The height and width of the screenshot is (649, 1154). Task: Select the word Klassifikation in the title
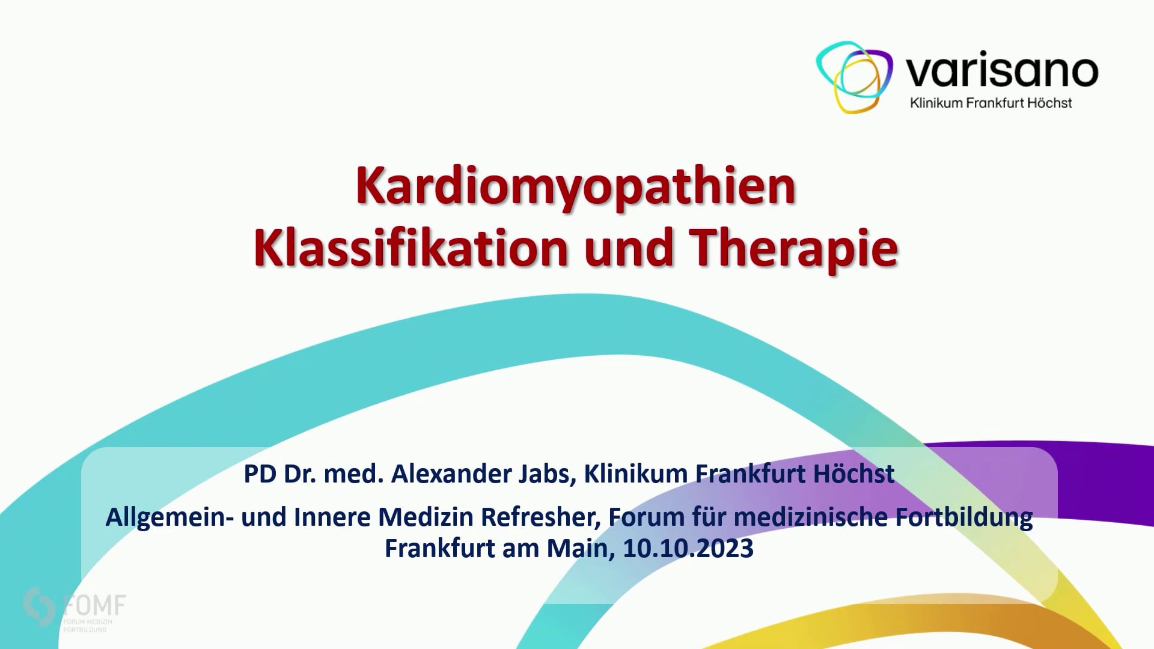pos(411,248)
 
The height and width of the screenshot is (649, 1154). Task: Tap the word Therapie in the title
pos(793,248)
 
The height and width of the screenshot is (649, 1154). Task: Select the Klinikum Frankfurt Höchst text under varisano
pos(991,103)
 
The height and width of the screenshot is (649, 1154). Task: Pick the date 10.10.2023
pos(688,549)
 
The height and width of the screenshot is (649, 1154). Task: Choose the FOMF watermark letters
pos(94,605)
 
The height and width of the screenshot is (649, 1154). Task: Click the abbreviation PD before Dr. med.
pos(260,474)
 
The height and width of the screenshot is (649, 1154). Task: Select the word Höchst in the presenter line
pos(853,474)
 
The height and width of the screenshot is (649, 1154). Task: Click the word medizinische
pos(811,517)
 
